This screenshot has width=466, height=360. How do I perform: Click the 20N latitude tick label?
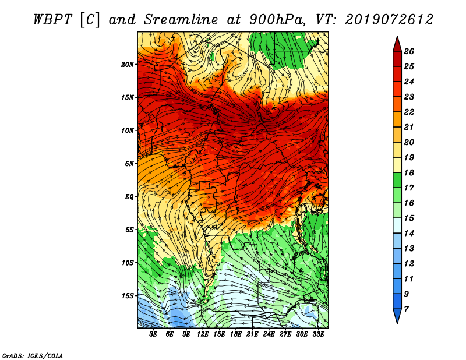tap(128, 65)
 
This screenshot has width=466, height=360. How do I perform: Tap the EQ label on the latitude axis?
tap(129, 197)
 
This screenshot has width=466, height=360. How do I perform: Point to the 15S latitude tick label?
tap(128, 296)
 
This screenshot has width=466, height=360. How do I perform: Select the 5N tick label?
tap(129, 164)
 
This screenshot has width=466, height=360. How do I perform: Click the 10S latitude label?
tap(128, 263)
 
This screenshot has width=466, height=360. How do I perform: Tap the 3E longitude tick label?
tap(153, 334)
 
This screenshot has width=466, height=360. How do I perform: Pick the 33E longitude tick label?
tap(318, 334)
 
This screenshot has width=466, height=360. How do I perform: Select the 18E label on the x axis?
tap(236, 334)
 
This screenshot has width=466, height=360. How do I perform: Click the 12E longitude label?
tap(203, 334)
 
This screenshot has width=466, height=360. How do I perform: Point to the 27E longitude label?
tap(285, 334)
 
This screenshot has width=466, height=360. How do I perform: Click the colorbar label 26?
tap(409, 51)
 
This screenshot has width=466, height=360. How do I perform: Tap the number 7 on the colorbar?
tap(406, 309)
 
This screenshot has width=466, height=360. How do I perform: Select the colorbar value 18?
tap(409, 172)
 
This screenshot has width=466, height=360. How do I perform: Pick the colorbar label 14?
tap(409, 234)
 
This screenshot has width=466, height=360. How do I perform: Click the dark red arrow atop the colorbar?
tap(397, 45)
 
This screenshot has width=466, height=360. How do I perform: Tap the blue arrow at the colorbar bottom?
tap(397, 316)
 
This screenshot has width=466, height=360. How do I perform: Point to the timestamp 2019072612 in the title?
tap(389, 20)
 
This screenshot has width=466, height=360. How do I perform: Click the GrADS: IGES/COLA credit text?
tap(33, 355)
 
